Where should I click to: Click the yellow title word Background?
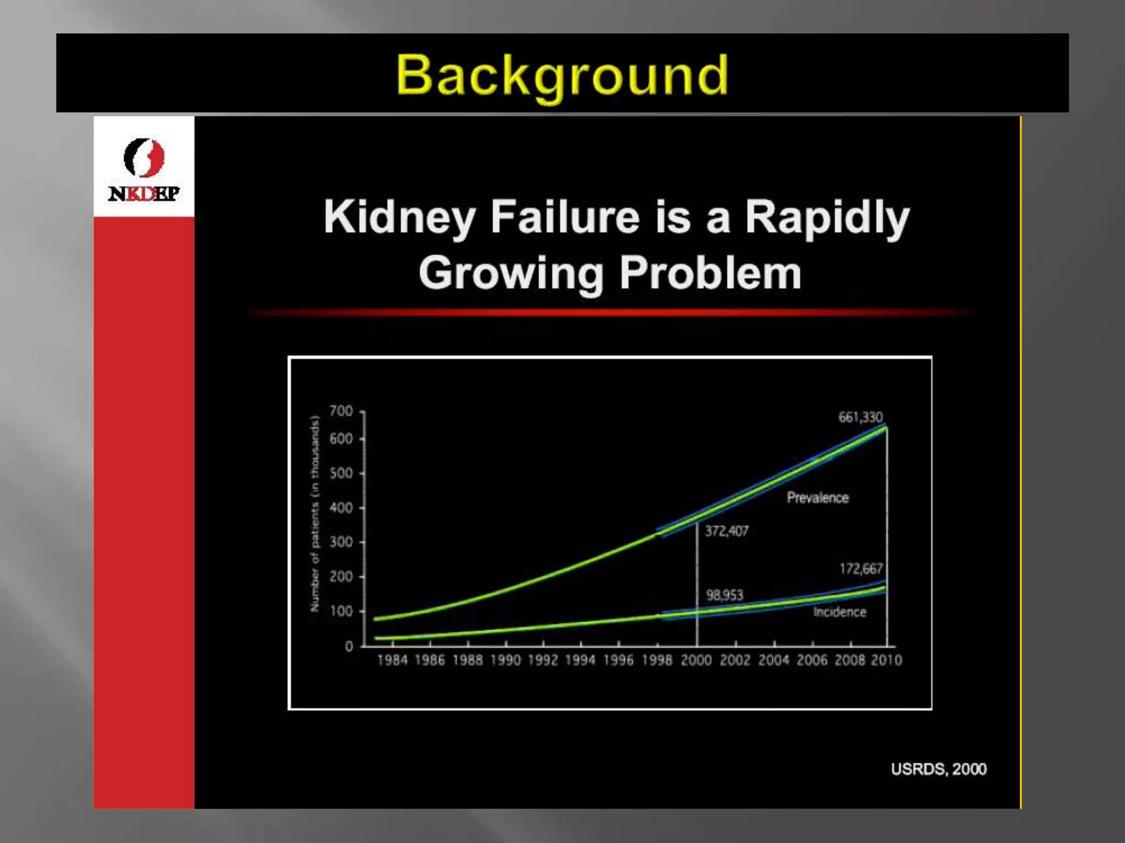click(562, 76)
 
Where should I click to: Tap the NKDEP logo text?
click(144, 194)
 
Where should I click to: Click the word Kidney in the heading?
click(399, 218)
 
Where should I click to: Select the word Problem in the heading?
click(710, 273)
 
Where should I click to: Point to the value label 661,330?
click(860, 417)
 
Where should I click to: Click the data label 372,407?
click(726, 531)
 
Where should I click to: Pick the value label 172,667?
click(861, 569)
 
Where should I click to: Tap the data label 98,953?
click(724, 595)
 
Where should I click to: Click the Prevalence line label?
click(817, 498)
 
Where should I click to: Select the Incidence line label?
click(839, 612)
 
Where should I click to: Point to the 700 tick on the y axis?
click(341, 411)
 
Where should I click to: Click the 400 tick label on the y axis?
click(341, 508)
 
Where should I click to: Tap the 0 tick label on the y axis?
click(349, 647)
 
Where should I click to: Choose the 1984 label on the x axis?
click(392, 660)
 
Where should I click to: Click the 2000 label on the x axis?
click(696, 660)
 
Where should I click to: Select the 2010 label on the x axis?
click(886, 660)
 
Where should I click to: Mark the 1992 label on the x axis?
click(543, 660)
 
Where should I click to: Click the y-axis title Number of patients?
click(315, 514)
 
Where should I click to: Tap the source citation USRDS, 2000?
click(938, 769)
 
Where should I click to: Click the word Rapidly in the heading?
click(827, 218)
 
